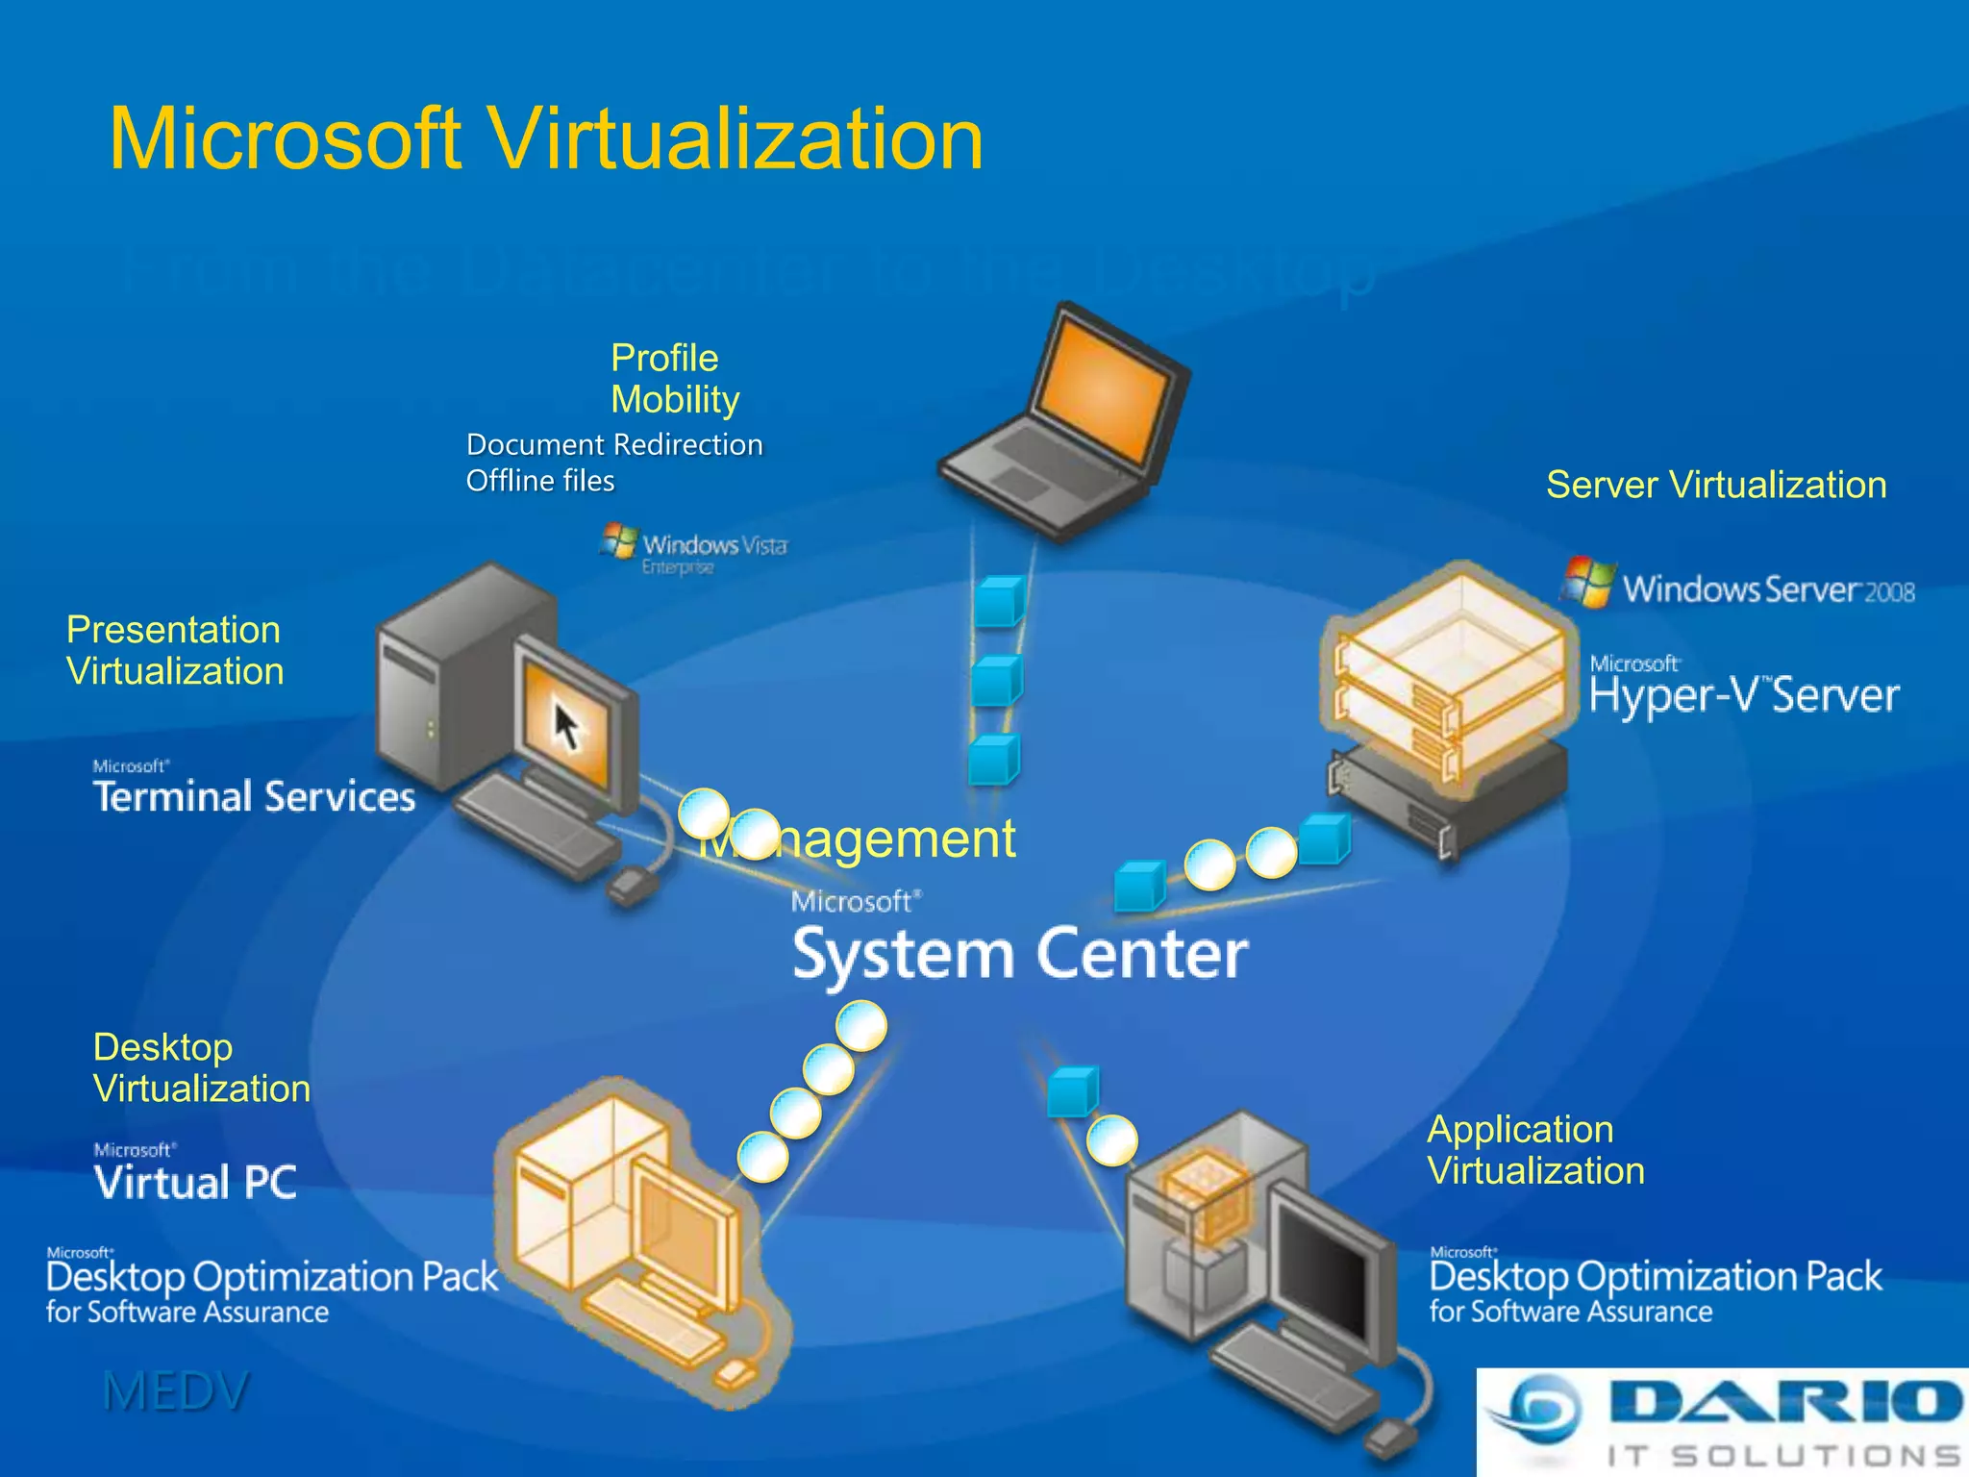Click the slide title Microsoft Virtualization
(546, 139)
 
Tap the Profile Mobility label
(675, 379)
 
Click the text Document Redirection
(613, 444)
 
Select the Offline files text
(540, 481)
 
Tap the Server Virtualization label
(1716, 485)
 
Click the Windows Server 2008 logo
(1738, 585)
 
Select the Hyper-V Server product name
(1744, 694)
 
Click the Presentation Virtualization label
(175, 650)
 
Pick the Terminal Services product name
(254, 796)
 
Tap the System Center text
(1019, 954)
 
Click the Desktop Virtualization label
(201, 1067)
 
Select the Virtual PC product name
(196, 1182)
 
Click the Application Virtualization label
(1535, 1150)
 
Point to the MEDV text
(176, 1391)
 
